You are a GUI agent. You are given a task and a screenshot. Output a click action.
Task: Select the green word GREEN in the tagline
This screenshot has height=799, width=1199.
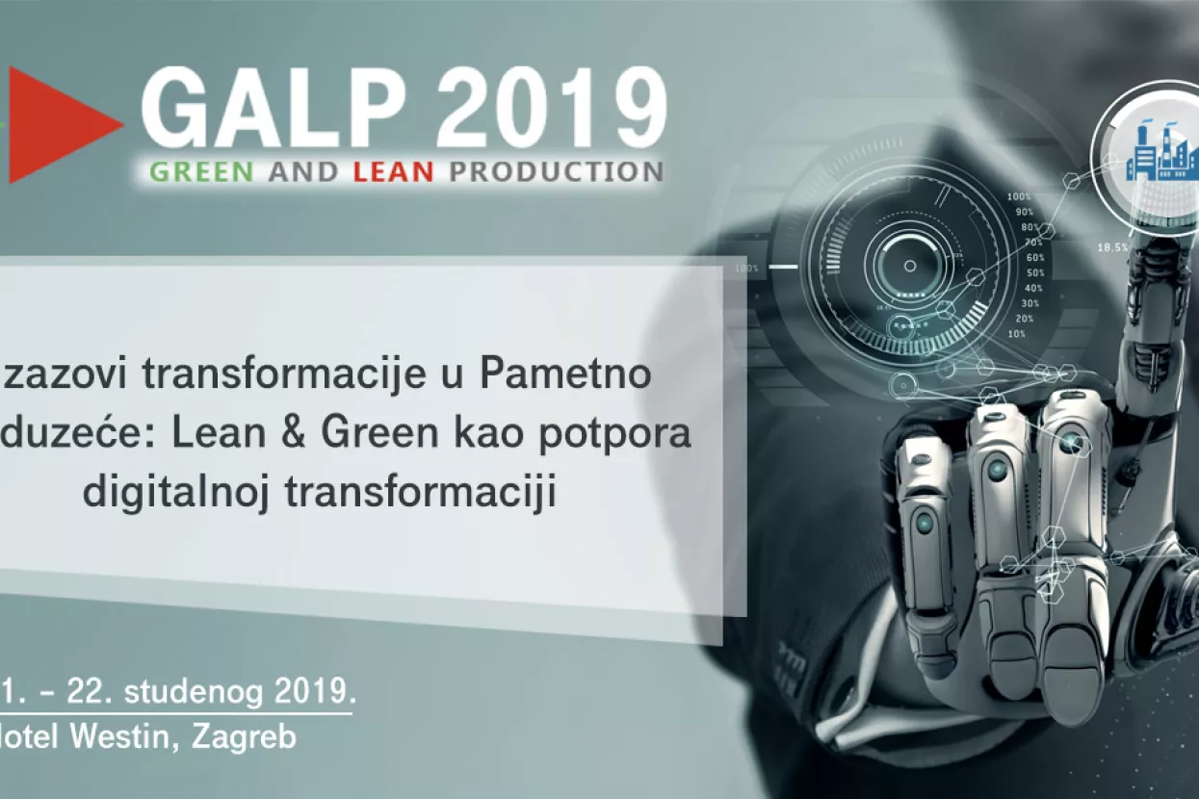[201, 172]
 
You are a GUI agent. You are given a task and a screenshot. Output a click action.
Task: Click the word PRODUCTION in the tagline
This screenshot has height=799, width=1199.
[556, 172]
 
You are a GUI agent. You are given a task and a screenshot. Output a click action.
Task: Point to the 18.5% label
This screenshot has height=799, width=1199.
[1112, 247]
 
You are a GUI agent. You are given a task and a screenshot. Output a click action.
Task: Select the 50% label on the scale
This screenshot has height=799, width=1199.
[1033, 272]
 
